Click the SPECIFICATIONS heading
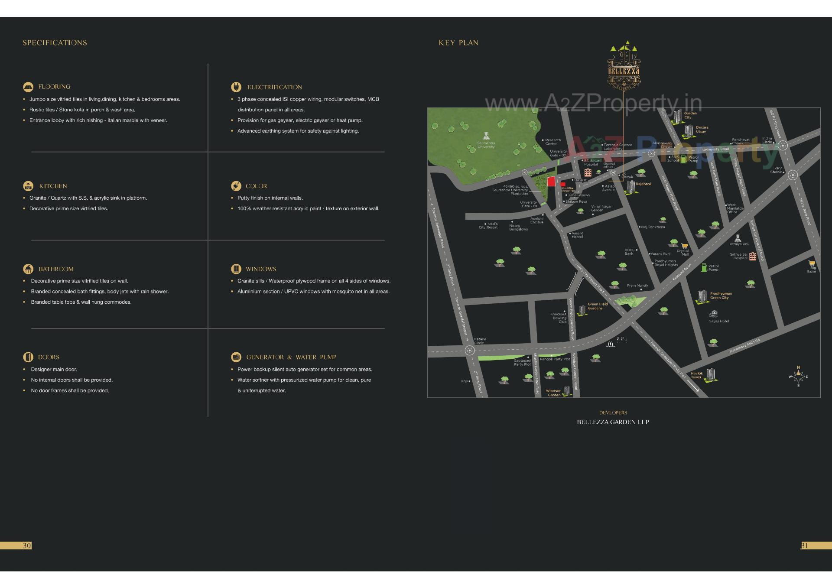pyautogui.click(x=55, y=43)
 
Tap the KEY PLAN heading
pyautogui.click(x=458, y=43)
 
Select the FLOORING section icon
pyautogui.click(x=28, y=87)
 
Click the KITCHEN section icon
pyautogui.click(x=28, y=186)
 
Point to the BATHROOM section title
pyautogui.click(x=56, y=269)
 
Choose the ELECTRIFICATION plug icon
pyautogui.click(x=236, y=87)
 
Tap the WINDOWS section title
pyautogui.click(x=260, y=269)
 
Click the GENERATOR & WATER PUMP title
pyautogui.click(x=291, y=357)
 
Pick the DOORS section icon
pyautogui.click(x=28, y=357)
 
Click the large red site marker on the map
pyautogui.click(x=551, y=182)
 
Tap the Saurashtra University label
pyautogui.click(x=486, y=145)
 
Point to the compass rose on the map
pyautogui.click(x=798, y=376)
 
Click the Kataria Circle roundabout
pyautogui.click(x=469, y=350)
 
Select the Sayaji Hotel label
pyautogui.click(x=719, y=321)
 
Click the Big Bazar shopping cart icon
pyautogui.click(x=812, y=263)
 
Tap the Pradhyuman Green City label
pyautogui.click(x=721, y=296)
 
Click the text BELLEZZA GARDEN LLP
pyautogui.click(x=613, y=422)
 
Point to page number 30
pyautogui.click(x=27, y=546)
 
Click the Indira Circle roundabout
pyautogui.click(x=783, y=146)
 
